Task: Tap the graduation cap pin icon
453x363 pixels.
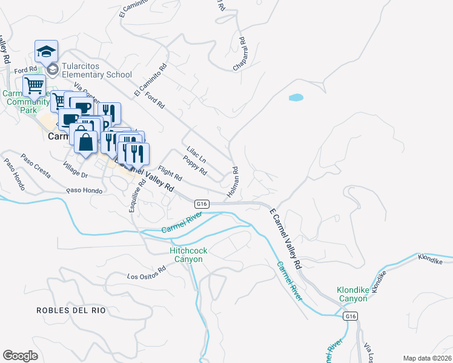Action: click(x=46, y=51)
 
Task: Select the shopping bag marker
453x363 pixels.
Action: click(x=86, y=142)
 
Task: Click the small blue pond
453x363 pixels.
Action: click(x=296, y=97)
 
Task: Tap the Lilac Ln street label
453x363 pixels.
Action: click(x=197, y=154)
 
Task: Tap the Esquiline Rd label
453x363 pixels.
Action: click(x=134, y=198)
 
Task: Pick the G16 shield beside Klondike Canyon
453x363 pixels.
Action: click(x=350, y=316)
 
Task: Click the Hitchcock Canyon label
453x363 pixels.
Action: click(x=186, y=254)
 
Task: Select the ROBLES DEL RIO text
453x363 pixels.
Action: click(x=71, y=310)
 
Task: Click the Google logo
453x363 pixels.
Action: click(x=21, y=355)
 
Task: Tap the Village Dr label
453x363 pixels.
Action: click(x=76, y=169)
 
